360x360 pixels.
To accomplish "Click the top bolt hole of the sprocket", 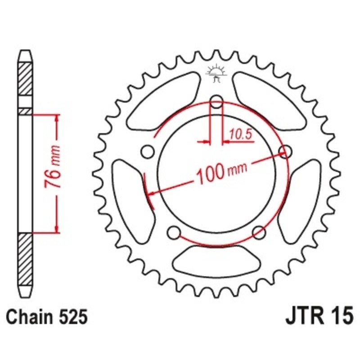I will coord(217,102).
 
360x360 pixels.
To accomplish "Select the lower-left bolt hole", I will coord(172,233).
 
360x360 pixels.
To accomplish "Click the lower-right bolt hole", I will coord(258,232).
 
